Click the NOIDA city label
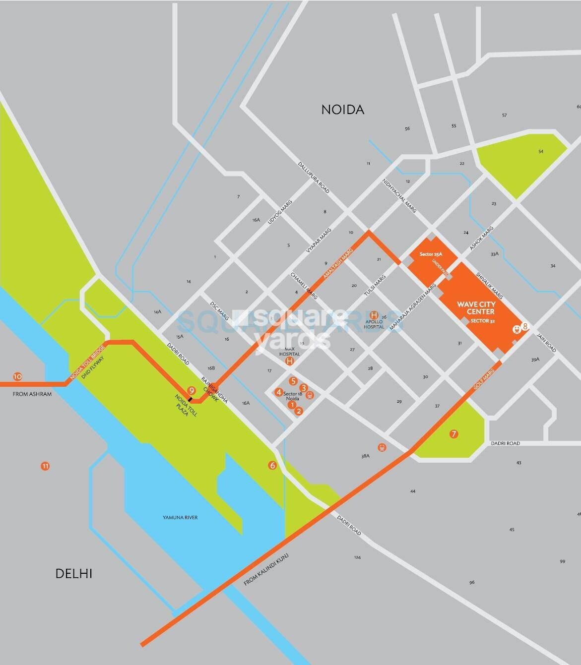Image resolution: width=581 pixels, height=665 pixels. [342, 110]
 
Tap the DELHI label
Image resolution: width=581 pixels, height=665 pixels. [73, 574]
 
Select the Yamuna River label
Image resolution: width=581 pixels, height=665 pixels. [180, 517]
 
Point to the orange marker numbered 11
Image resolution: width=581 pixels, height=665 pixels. [45, 466]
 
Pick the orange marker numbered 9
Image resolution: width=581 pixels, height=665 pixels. [192, 390]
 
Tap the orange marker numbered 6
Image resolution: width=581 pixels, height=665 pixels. [272, 465]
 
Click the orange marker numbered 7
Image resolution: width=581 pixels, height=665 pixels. [453, 434]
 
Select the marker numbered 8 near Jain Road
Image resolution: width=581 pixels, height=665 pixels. [525, 326]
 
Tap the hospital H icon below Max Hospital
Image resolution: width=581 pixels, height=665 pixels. [290, 362]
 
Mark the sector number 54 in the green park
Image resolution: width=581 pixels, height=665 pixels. [541, 151]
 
